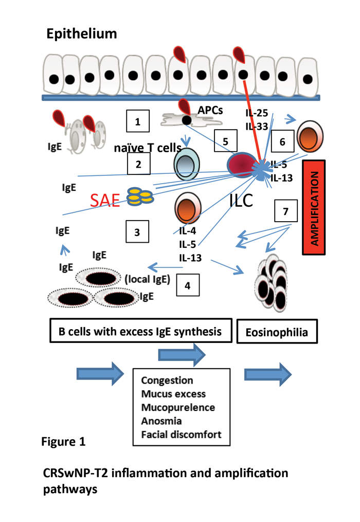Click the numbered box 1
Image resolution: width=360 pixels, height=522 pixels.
pos(137,122)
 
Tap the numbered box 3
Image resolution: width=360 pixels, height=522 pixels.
pos(137,231)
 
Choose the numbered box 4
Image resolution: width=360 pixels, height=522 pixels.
pos(188,285)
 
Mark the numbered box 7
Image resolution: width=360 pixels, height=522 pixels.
pos(285,211)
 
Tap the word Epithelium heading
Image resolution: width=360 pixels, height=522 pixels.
pos(81,34)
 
